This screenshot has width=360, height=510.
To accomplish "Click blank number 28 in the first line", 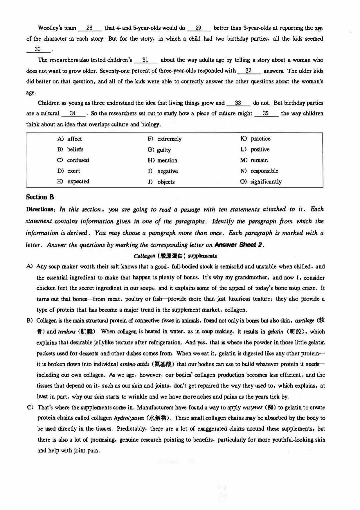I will [x=90, y=28].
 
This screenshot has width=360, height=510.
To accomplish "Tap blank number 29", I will [x=199, y=28].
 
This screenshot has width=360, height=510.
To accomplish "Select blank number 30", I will [x=38, y=49].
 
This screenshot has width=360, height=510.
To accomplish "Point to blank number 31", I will [x=146, y=60].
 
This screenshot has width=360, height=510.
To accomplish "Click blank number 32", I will [x=249, y=71].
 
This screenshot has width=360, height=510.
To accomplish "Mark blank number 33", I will [x=238, y=103].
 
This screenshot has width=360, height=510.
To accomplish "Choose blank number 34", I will [x=73, y=113].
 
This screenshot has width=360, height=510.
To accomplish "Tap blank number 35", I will [x=266, y=113].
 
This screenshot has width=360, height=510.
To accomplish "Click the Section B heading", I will [x=40, y=197].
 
